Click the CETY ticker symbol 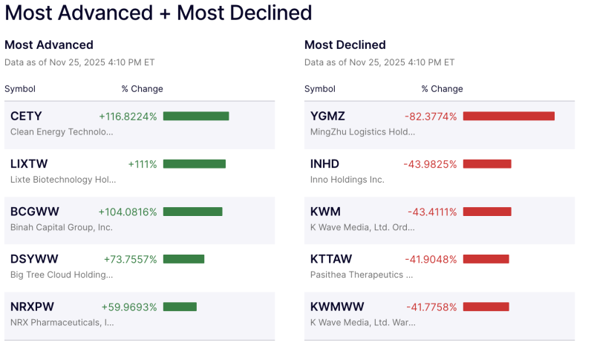click(26, 116)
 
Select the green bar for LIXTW click(194, 164)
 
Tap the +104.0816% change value click(128, 212)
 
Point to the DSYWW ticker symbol click(34, 259)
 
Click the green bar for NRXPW click(180, 307)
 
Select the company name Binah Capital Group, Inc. click(62, 227)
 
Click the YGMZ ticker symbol click(327, 116)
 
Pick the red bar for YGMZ click(509, 116)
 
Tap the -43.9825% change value click(431, 164)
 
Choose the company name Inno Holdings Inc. click(347, 180)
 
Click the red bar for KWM click(487, 212)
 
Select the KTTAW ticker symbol click(331, 259)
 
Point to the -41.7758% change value click(431, 307)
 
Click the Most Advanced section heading click(49, 45)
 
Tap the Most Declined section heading click(345, 45)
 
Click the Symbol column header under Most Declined click(320, 89)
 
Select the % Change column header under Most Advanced click(143, 89)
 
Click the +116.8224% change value click(128, 116)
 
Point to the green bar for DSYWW click(183, 259)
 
